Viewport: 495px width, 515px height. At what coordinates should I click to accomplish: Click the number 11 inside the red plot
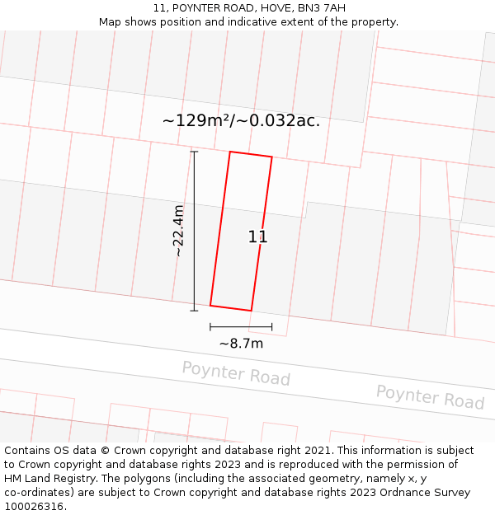[x=257, y=237]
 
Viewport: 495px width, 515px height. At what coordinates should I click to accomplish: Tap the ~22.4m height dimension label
[x=178, y=231]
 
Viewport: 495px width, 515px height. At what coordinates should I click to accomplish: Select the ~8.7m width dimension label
[x=241, y=344]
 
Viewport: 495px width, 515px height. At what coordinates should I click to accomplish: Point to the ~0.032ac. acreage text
[x=278, y=121]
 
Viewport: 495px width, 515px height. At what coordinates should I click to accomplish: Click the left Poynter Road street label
[x=236, y=373]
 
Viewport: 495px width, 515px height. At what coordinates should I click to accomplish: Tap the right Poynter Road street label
[x=430, y=396]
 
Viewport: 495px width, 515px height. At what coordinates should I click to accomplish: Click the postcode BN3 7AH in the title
[x=323, y=8]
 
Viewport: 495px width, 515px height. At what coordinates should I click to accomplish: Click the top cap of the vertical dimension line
[x=194, y=152]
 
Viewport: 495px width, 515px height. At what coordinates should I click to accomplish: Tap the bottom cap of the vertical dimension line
[x=194, y=311]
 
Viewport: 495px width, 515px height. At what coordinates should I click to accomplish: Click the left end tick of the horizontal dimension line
[x=210, y=327]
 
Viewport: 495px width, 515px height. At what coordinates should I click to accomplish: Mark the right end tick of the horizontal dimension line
[x=271, y=327]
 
